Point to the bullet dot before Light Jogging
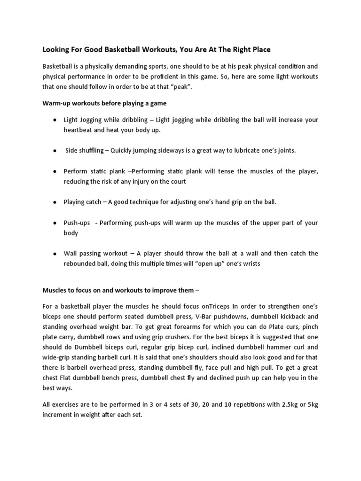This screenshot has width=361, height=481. [x=55, y=120]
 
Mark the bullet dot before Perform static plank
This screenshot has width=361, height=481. [x=55, y=171]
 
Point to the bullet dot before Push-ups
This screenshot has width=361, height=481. [x=55, y=223]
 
